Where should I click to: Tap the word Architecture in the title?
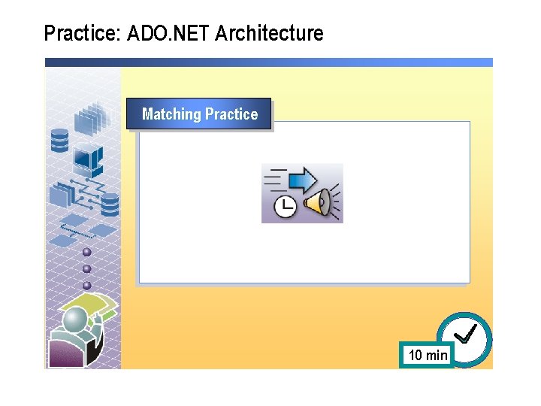click(269, 34)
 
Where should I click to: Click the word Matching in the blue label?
click(171, 114)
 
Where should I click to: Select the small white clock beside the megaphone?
click(285, 207)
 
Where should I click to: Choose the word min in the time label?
click(437, 355)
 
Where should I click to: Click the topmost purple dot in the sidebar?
click(86, 252)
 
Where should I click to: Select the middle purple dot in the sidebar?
click(86, 268)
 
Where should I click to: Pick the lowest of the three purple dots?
click(86, 285)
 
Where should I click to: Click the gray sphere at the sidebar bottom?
click(75, 322)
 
